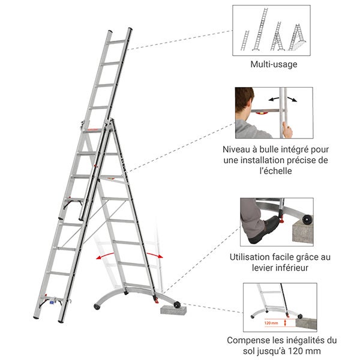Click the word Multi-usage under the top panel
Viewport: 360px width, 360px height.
(272, 64)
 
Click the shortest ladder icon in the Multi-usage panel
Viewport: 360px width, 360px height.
(247, 40)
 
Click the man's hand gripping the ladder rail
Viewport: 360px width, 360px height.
(287, 128)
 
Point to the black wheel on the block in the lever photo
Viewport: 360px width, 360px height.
(308, 219)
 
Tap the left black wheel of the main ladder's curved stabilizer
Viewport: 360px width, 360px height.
(97, 308)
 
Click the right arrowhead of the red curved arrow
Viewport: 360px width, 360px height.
(161, 256)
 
